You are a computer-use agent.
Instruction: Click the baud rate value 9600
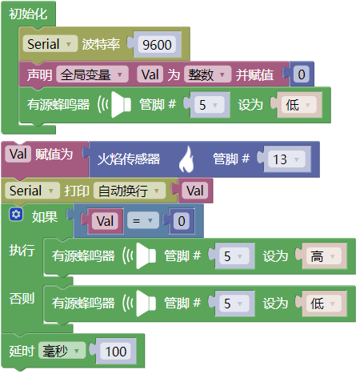click(x=157, y=45)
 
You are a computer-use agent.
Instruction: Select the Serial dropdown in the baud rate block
click(x=50, y=44)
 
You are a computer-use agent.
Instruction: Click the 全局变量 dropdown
click(x=92, y=74)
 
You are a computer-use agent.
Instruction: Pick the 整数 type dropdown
click(x=207, y=74)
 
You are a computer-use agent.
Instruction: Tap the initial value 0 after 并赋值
click(x=302, y=74)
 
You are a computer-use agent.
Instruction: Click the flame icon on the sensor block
click(x=186, y=159)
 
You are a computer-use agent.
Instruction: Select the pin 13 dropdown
click(x=286, y=159)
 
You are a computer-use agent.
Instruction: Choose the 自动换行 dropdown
click(x=129, y=191)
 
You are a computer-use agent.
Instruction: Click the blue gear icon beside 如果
click(x=16, y=215)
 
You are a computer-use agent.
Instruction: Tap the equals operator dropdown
click(x=143, y=221)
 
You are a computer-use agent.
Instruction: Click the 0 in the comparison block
click(x=182, y=221)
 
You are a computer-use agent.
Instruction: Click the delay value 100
click(x=116, y=352)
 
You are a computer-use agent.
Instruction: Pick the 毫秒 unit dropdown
click(x=62, y=351)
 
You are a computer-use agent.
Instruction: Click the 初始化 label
click(x=28, y=14)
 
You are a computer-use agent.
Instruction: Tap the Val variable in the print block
click(x=195, y=191)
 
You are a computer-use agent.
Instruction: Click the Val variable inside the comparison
click(x=105, y=221)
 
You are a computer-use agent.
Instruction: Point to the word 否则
click(x=22, y=298)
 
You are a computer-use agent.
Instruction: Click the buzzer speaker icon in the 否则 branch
click(x=140, y=304)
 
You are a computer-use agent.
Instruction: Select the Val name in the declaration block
click(x=150, y=74)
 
